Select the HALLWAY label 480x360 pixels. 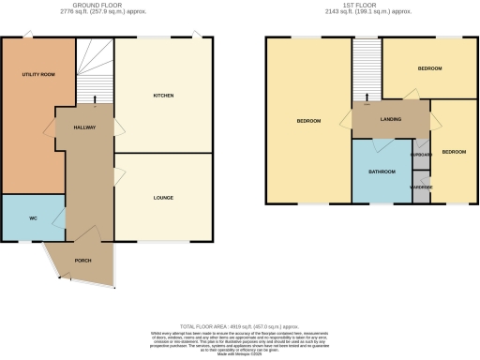tap(84, 127)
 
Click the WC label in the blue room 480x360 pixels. tap(32, 217)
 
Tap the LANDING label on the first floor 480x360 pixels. tap(390, 119)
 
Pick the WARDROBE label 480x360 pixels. tap(421, 186)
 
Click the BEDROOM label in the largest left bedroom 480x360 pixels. tap(309, 121)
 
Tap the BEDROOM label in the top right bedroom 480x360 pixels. tap(429, 69)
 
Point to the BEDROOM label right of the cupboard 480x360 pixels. tap(454, 152)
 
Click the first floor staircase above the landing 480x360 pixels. tap(367, 66)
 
